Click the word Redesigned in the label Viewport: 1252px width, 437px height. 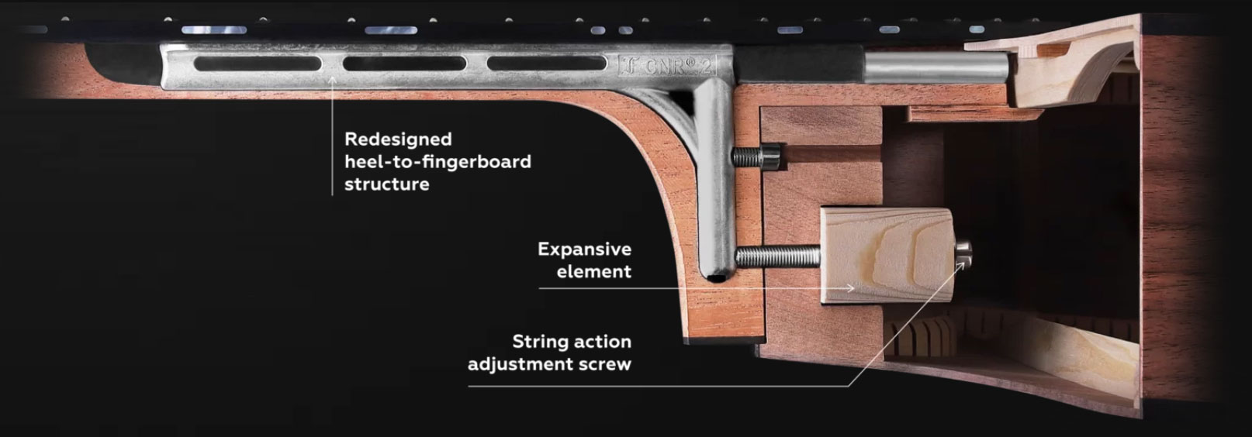[x=398, y=139]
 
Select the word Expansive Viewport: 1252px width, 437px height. [x=585, y=249]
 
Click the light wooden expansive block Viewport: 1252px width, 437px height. [x=887, y=255]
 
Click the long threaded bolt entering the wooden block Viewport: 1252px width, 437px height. [x=778, y=256]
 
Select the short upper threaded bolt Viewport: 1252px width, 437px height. [x=756, y=157]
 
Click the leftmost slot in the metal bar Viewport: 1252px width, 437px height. [x=258, y=64]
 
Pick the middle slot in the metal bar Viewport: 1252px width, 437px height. [x=405, y=64]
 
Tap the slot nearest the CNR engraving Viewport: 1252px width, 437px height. [x=547, y=63]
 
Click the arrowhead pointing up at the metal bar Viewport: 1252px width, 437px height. [x=333, y=81]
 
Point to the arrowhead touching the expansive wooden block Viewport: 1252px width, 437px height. [x=850, y=288]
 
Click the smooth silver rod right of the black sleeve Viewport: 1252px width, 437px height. [x=936, y=67]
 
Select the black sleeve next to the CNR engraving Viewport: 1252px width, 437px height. [x=799, y=64]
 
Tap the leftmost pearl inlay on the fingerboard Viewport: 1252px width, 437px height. [x=214, y=30]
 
